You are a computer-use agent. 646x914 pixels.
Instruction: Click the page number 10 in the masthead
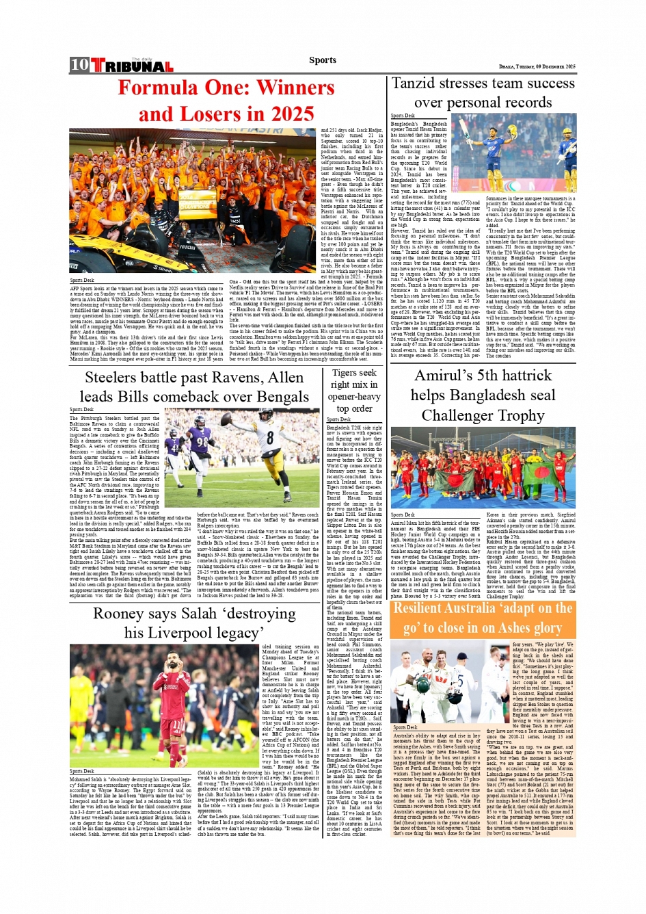(79, 65)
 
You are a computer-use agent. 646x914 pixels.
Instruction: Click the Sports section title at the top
(322, 60)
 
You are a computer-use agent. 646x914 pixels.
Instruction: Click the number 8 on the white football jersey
(270, 437)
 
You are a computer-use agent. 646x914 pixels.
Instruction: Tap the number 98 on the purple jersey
(203, 442)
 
